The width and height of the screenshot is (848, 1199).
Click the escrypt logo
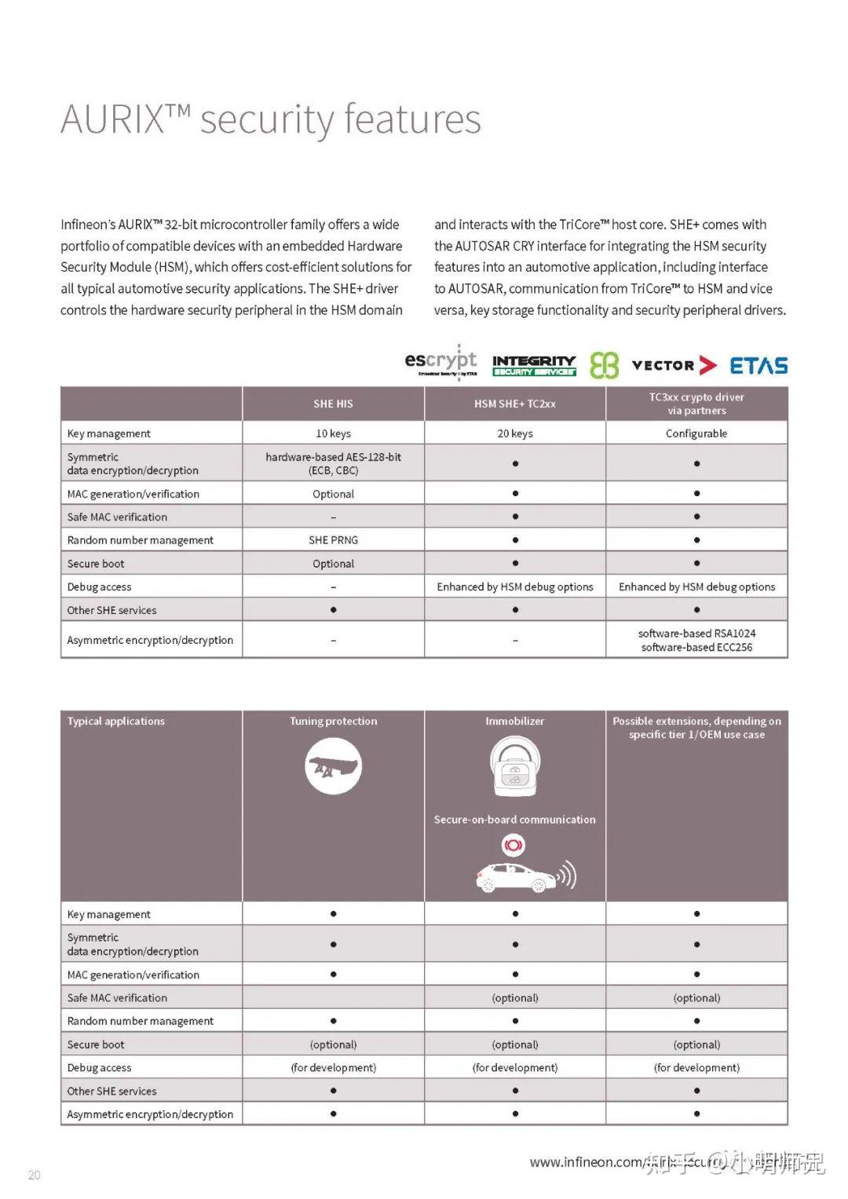pyautogui.click(x=440, y=363)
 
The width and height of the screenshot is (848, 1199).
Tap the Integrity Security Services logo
pyautogui.click(x=534, y=365)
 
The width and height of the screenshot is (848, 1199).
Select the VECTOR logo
pyautogui.click(x=674, y=365)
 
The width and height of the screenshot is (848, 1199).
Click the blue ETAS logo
pyautogui.click(x=758, y=365)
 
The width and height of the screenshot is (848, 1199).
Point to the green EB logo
pyautogui.click(x=604, y=365)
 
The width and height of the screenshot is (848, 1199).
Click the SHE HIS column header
pyautogui.click(x=333, y=404)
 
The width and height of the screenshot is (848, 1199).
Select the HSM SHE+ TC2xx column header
pyautogui.click(x=515, y=404)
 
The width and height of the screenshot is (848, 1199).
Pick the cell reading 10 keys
pyautogui.click(x=333, y=433)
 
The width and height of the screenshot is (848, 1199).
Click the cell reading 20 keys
pyautogui.click(x=515, y=433)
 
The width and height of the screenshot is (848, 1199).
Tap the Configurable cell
pyautogui.click(x=696, y=433)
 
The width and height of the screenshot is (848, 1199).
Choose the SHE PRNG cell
pyautogui.click(x=333, y=540)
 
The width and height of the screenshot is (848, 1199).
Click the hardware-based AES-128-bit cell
pyautogui.click(x=333, y=463)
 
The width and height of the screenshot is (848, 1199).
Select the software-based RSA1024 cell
pyautogui.click(x=696, y=640)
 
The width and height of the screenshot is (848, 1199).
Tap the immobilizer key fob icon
pyautogui.click(x=515, y=766)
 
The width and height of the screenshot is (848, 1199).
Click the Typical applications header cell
pyautogui.click(x=116, y=721)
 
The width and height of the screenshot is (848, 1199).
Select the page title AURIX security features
pyautogui.click(x=271, y=119)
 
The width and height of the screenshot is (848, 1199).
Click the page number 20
pyautogui.click(x=34, y=1175)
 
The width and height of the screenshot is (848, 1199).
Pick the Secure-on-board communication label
pyautogui.click(x=515, y=819)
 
